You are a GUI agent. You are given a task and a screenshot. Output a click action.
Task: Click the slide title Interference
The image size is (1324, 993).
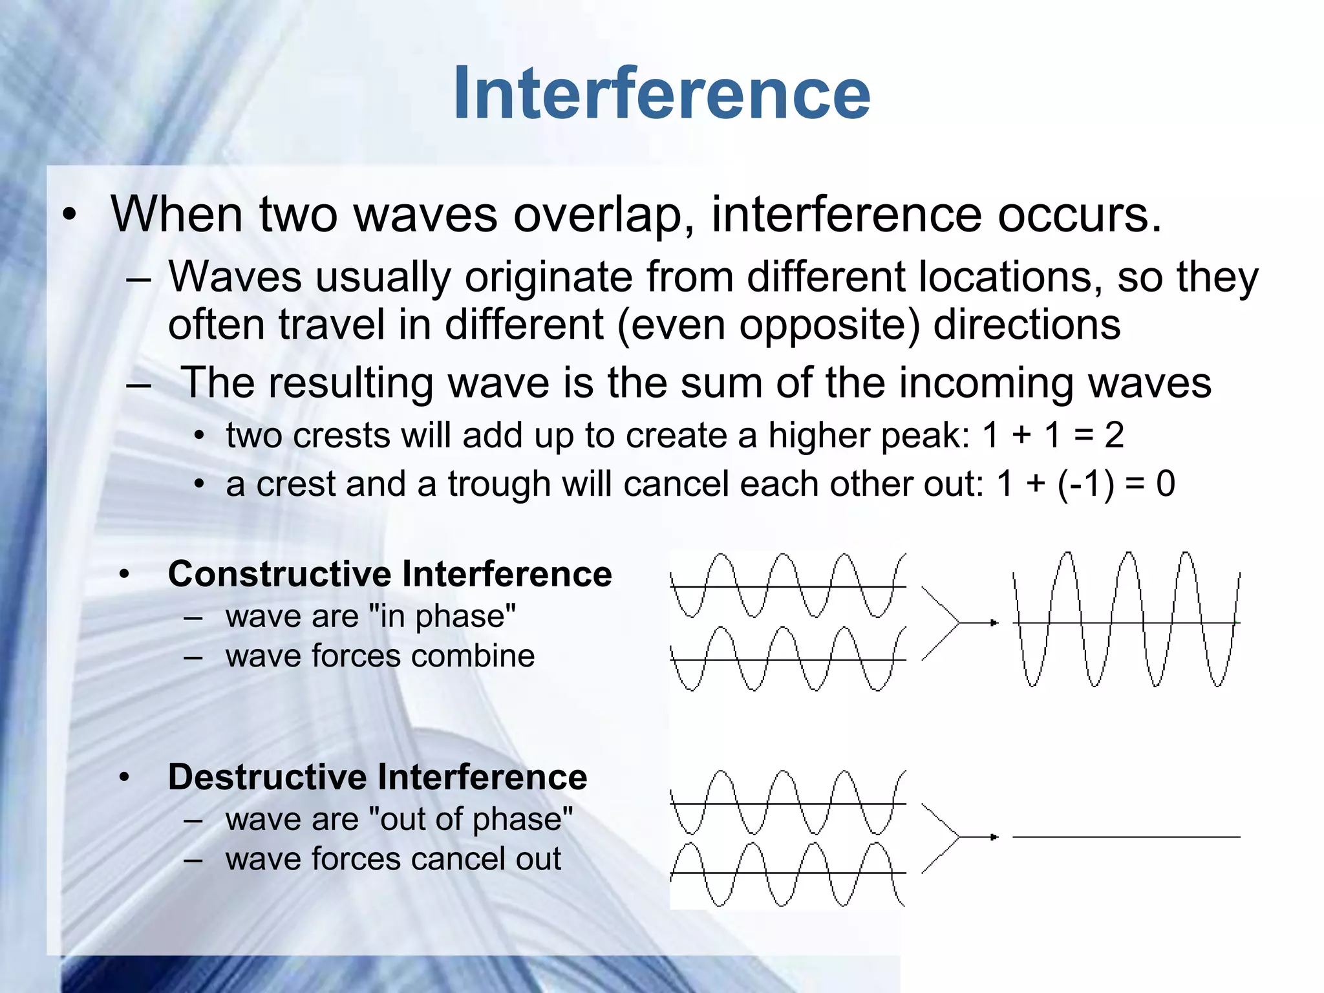coord(661,94)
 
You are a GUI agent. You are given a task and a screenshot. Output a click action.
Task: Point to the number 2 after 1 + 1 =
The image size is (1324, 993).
coord(1114,435)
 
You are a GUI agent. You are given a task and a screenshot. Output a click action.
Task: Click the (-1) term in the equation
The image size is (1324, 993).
coord(1085,484)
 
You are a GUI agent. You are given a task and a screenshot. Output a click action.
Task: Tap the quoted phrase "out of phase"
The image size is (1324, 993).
coord(470,819)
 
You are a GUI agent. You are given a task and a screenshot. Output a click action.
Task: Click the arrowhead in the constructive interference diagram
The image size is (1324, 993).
coord(994,623)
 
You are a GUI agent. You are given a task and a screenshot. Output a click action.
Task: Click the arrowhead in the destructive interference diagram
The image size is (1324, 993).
coord(994,837)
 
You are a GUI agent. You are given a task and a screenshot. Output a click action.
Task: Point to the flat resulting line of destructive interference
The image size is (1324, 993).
coord(1126,837)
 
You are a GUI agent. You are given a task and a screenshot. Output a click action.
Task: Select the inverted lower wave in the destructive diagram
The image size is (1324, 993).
coord(787,873)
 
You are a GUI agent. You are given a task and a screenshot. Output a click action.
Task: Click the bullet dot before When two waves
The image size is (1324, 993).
coord(69,215)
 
